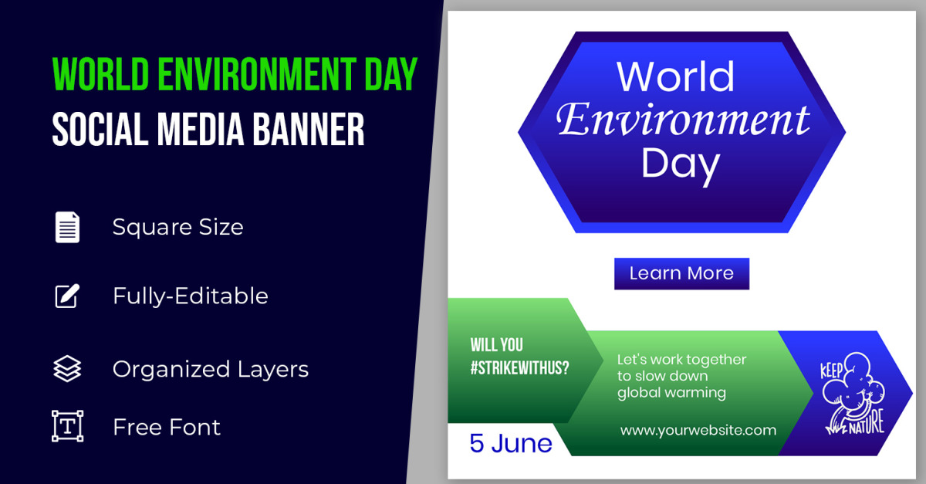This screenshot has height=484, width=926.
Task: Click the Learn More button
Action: (x=681, y=273)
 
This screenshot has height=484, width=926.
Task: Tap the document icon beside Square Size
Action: (x=67, y=227)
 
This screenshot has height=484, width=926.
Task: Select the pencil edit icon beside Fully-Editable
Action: (x=67, y=296)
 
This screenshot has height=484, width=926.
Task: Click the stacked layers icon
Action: (x=67, y=369)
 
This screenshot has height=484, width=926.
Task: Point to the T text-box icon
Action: (x=67, y=426)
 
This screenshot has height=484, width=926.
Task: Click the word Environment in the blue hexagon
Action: (x=683, y=120)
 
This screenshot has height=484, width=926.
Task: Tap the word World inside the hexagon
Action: (x=675, y=76)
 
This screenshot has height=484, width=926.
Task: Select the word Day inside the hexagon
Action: (x=680, y=164)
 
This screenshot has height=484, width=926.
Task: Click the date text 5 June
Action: (x=511, y=443)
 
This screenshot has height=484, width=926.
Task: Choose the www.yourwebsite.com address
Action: (x=698, y=430)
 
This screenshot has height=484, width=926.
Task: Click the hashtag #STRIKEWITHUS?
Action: (x=519, y=367)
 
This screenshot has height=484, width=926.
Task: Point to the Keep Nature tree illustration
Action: (x=853, y=394)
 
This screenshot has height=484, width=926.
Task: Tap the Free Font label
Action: (x=167, y=427)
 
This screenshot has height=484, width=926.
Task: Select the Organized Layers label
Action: (x=211, y=369)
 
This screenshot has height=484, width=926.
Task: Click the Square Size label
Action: (x=177, y=227)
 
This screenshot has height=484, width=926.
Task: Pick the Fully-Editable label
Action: (x=191, y=296)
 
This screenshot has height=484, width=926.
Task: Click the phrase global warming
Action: (x=671, y=392)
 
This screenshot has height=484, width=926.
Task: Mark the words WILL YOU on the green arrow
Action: (x=496, y=345)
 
